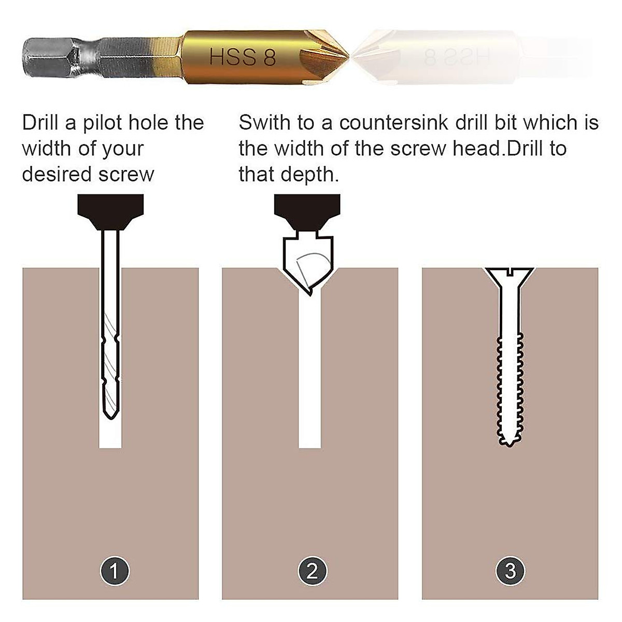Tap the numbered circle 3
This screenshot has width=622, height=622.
coord(510,571)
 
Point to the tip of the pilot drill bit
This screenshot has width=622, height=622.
coord(110,417)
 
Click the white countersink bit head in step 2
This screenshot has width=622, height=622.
coord(307,262)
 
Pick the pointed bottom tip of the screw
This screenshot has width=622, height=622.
coord(510,445)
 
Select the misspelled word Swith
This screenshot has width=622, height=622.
coord(265,123)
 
